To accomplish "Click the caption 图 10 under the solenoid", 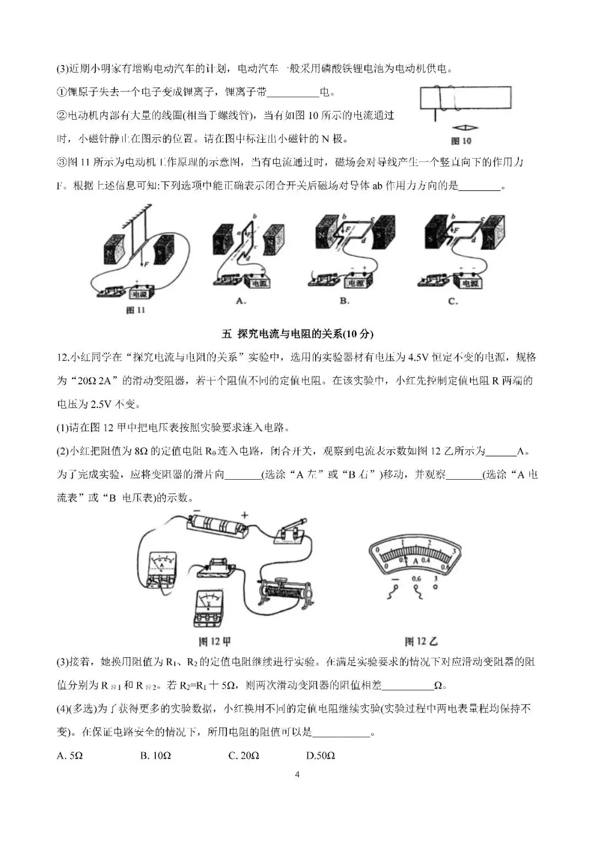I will (461, 141).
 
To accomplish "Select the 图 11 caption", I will (136, 310).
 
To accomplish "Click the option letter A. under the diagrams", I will (240, 301).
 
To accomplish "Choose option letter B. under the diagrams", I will (345, 301).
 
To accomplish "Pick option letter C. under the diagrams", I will (453, 301).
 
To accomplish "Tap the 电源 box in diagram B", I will (356, 282).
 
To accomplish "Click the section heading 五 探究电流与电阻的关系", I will (297, 334).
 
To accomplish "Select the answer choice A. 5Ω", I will (69, 755).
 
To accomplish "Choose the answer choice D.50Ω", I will (321, 755).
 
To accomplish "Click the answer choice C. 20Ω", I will (244, 755).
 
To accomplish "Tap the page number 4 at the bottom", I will (297, 774).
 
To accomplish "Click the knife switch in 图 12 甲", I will (290, 533).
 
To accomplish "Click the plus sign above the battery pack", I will (245, 514).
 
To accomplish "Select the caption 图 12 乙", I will (421, 641).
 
